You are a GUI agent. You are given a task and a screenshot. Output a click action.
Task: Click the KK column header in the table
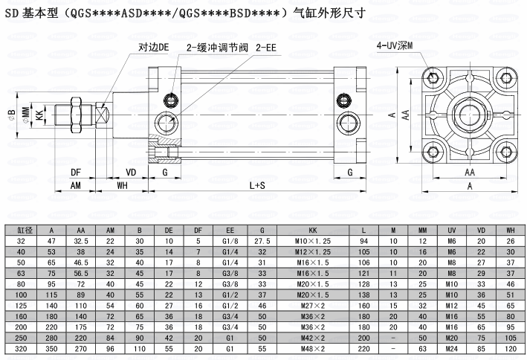coord(313,231)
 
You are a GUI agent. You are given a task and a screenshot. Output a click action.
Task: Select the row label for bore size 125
coord(22,305)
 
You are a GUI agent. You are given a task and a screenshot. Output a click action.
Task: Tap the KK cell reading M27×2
coord(313,305)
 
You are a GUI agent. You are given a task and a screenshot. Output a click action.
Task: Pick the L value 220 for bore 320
coord(364,347)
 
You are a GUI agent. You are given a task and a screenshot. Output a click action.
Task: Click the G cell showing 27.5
coord(262,241)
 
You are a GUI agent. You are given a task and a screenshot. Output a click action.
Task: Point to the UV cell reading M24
coord(450,347)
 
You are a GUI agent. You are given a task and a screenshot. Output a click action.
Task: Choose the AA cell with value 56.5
coord(80,273)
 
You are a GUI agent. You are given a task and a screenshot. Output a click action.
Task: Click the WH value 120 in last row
coord(510,347)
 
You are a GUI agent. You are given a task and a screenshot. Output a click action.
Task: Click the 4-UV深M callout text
coord(395,46)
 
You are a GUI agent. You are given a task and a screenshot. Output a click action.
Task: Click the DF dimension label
coord(76,173)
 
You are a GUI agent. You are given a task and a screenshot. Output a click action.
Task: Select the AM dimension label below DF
coord(76,186)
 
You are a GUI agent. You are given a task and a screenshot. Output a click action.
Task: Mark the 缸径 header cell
coord(22,231)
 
